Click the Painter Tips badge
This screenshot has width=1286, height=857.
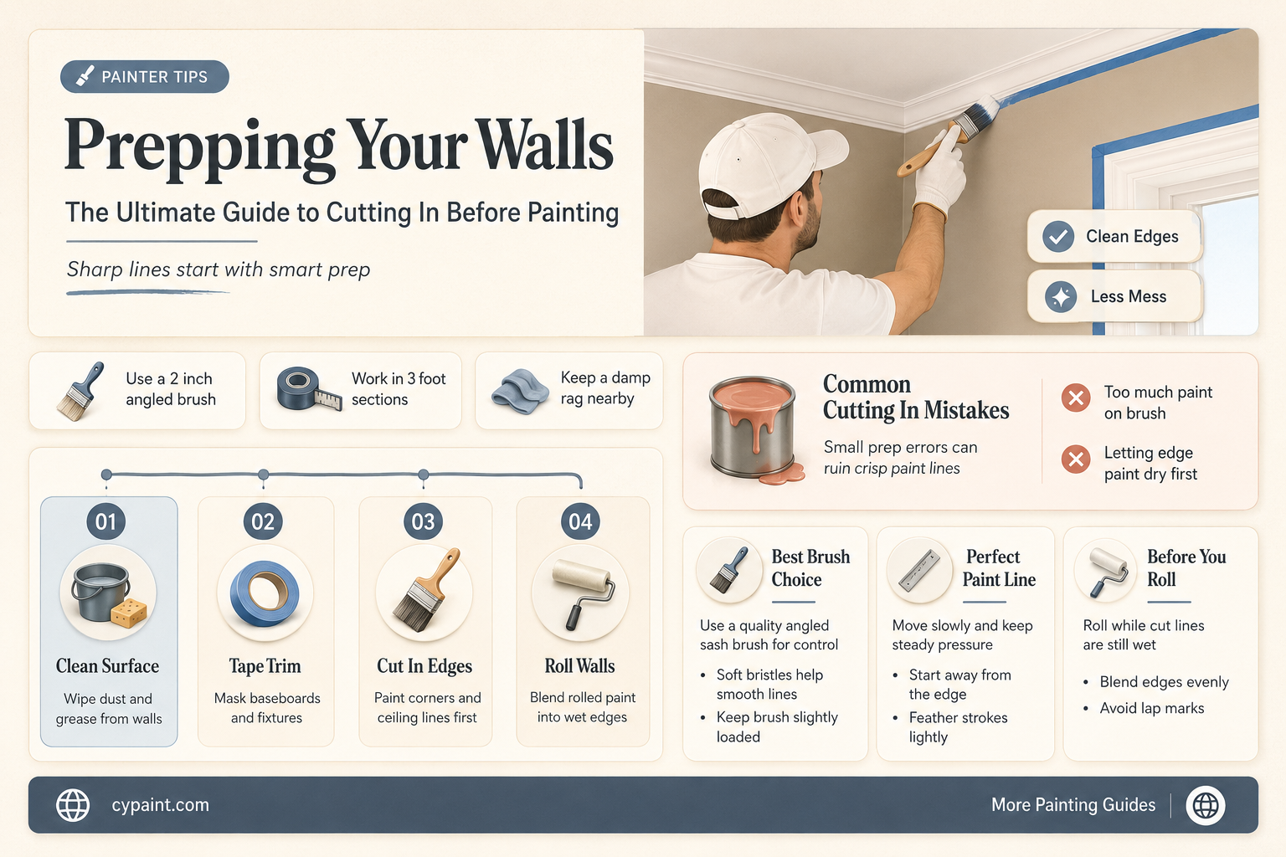(145, 76)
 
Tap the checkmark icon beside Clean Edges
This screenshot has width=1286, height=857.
(1058, 237)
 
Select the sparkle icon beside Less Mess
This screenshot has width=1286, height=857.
(1061, 297)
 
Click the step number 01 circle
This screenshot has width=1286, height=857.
(105, 521)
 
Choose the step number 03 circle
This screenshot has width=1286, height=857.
(423, 521)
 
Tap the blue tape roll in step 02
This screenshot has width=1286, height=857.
(265, 593)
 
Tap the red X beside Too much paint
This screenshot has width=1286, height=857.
(1076, 398)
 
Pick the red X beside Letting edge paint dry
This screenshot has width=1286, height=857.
(1076, 459)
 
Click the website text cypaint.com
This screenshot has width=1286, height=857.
(160, 805)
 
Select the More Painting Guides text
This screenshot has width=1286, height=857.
(1073, 805)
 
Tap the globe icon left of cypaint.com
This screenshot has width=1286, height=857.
(73, 805)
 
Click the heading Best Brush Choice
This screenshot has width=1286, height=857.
(810, 567)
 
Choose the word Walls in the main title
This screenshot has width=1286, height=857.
(546, 145)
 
